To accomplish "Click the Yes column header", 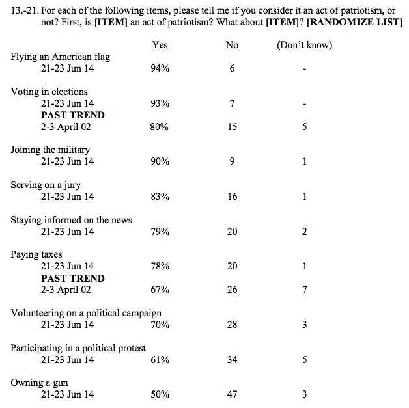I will pyautogui.click(x=160, y=45).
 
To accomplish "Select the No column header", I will pyautogui.click(x=232, y=45).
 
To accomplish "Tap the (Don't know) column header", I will pyautogui.click(x=304, y=45).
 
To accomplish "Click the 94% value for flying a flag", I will pyautogui.click(x=160, y=69).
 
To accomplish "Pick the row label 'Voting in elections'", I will pyautogui.click(x=49, y=92).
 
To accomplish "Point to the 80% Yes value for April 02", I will pyautogui.click(x=160, y=127).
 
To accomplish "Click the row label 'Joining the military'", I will pyautogui.click(x=50, y=150).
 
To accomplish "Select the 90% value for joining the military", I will pyautogui.click(x=160, y=161).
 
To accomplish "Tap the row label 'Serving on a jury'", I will pyautogui.click(x=46, y=185).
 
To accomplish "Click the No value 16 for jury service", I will pyautogui.click(x=232, y=197).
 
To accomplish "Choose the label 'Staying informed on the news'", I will pyautogui.click(x=71, y=219).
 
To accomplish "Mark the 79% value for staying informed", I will pyautogui.click(x=160, y=231).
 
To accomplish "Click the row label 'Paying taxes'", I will pyautogui.click(x=36, y=254).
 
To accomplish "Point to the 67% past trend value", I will pyautogui.click(x=160, y=290).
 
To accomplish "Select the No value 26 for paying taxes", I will pyautogui.click(x=232, y=290).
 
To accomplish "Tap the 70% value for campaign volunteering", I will pyautogui.click(x=160, y=324).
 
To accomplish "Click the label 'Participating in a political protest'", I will pyautogui.click(x=78, y=347).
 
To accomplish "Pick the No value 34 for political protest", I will pyautogui.click(x=232, y=359).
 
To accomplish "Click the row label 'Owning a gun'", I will pyautogui.click(x=39, y=383).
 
